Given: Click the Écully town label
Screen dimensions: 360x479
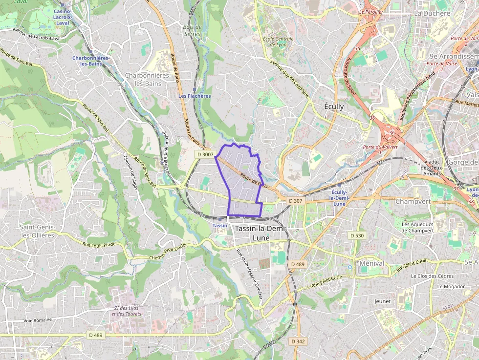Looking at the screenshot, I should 334,106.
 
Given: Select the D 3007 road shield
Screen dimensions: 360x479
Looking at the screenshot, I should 205,154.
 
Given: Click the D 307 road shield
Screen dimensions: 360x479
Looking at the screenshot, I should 295,201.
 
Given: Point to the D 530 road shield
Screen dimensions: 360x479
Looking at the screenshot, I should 357,235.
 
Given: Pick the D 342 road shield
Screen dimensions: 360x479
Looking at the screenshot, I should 298,341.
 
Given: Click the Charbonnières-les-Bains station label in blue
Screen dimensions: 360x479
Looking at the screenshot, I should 91,61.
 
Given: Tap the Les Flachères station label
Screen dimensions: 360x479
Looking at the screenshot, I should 195,96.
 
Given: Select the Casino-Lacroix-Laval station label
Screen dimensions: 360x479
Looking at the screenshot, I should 62,17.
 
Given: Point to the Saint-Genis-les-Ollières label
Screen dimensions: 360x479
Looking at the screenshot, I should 37,231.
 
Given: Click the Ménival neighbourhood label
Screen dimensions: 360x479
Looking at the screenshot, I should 371,263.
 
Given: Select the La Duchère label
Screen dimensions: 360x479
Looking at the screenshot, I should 432,13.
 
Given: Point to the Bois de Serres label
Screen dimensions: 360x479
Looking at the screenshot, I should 192,30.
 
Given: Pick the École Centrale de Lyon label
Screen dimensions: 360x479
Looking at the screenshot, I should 278,42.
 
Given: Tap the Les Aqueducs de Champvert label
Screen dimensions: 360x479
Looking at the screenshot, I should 417,227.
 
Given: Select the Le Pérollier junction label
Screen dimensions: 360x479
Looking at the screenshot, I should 371,11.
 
